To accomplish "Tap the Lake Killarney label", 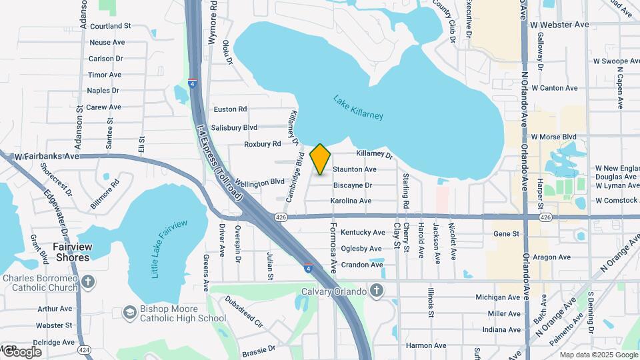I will click(x=358, y=107).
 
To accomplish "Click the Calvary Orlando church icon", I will click(x=377, y=291).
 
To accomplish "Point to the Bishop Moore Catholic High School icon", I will click(x=129, y=312).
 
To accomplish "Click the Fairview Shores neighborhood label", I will click(x=71, y=252).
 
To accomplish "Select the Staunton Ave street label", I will click(x=355, y=170).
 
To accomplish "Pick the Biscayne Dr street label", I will click(x=353, y=185).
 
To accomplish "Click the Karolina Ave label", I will click(x=351, y=201).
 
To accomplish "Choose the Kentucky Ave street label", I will click(x=363, y=233).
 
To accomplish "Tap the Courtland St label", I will click(x=110, y=26).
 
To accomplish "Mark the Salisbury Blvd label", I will click(x=234, y=127).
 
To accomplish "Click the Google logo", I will click(x=21, y=352).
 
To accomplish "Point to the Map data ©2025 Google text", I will click(x=598, y=355).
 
